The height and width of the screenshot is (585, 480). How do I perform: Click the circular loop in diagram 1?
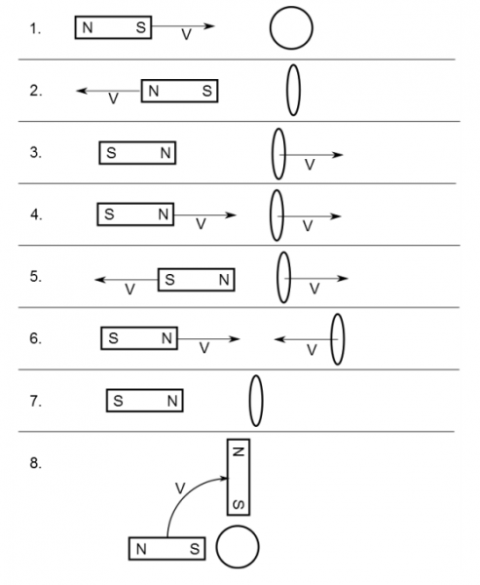271,28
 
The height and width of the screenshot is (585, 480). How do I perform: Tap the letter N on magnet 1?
88,27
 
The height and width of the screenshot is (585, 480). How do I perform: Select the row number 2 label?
36,91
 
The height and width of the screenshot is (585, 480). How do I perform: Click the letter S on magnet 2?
207,91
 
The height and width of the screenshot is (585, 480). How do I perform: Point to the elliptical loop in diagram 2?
287,91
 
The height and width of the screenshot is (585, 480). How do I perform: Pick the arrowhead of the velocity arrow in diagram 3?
339,154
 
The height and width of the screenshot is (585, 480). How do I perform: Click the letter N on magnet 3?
166,153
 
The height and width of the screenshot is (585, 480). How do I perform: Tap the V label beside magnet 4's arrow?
201,224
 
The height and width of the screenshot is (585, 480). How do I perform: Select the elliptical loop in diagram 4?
271,215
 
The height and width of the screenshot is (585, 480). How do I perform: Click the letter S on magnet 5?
169,280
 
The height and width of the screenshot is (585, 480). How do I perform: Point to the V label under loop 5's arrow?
314,289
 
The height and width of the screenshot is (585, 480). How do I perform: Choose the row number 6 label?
35,338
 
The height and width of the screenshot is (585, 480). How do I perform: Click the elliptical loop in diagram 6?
332,339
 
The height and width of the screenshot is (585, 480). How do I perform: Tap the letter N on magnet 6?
166,338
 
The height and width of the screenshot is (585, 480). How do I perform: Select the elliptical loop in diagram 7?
250,401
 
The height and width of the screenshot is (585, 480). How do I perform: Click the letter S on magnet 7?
118,401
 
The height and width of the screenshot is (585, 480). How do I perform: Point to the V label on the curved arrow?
180,488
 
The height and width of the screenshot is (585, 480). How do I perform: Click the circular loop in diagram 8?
217,547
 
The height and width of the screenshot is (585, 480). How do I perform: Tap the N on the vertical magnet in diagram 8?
239,451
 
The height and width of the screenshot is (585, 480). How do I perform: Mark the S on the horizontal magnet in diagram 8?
195,549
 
